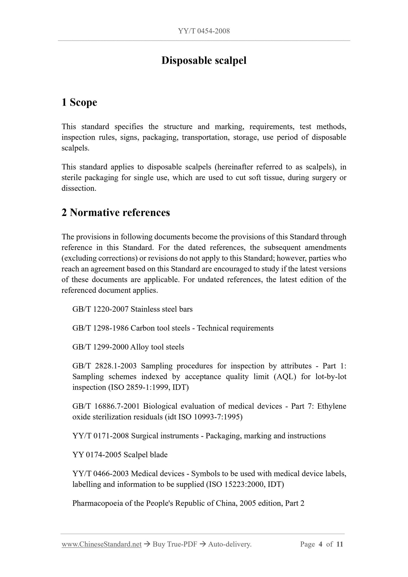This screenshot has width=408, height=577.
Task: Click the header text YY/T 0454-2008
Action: [x=204, y=31]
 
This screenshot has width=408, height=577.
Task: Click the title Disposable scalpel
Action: [x=204, y=60]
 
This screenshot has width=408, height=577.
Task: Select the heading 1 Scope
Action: [x=79, y=102]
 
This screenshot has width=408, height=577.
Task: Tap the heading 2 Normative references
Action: [x=116, y=212]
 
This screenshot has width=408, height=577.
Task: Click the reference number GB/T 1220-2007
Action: [x=101, y=309]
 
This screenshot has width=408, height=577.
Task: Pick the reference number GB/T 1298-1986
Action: [x=101, y=328]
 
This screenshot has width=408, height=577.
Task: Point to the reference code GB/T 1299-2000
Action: [x=101, y=347]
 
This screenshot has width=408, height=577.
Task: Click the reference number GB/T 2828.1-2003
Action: [x=104, y=366]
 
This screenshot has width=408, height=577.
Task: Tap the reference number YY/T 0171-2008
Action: [x=101, y=436]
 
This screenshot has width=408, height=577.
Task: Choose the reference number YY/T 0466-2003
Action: [x=101, y=474]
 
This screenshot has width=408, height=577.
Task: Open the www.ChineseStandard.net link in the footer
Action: [x=102, y=544]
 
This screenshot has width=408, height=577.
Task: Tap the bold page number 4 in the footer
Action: [x=320, y=544]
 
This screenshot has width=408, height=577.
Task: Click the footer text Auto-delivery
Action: [x=230, y=544]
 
